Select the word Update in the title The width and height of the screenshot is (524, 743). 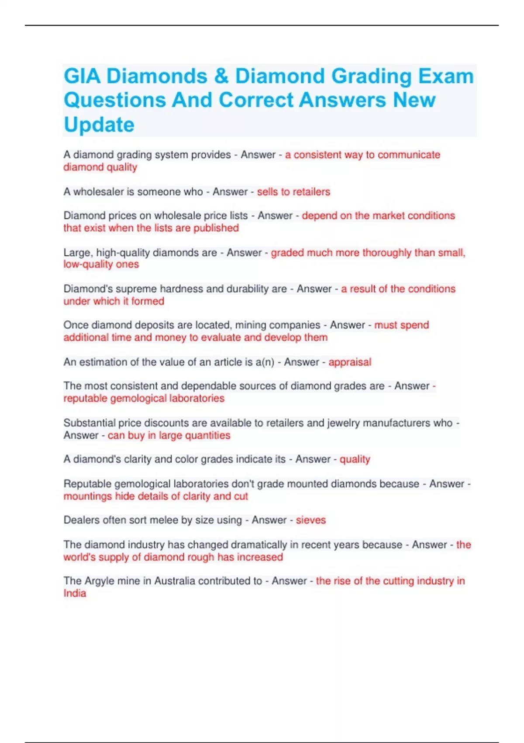pyautogui.click(x=99, y=125)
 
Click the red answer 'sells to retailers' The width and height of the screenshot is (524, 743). pyautogui.click(x=293, y=192)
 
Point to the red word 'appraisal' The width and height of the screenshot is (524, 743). pyautogui.click(x=350, y=362)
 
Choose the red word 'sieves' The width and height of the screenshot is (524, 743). pyautogui.click(x=311, y=520)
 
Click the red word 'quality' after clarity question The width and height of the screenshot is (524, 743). pyautogui.click(x=355, y=459)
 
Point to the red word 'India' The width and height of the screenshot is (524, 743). pyautogui.click(x=75, y=594)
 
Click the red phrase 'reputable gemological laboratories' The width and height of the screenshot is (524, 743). pyautogui.click(x=144, y=399)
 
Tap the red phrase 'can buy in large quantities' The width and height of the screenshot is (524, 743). pyautogui.click(x=169, y=436)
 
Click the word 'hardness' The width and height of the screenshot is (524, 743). pyautogui.click(x=183, y=289)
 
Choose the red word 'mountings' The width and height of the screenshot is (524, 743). pyautogui.click(x=88, y=496)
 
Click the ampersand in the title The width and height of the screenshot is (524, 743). pyautogui.click(x=221, y=76)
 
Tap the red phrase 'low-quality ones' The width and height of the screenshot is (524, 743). pyautogui.click(x=101, y=264)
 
